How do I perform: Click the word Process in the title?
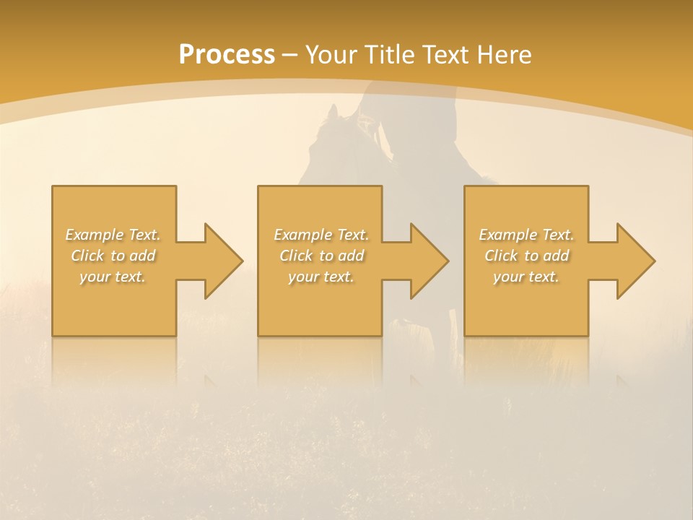coord(227,55)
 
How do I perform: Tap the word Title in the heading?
coord(388,55)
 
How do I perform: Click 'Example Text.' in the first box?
coord(113,235)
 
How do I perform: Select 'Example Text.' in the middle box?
coord(321,235)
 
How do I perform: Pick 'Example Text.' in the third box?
coord(526,235)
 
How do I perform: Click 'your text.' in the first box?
coord(113,277)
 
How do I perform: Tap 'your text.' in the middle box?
coord(321,277)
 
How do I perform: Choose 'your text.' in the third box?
coord(526,277)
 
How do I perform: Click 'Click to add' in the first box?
coord(113,256)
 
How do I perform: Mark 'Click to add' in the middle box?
coord(321,256)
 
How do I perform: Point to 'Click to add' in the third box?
coord(526,256)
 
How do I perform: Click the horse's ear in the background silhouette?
coord(333,112)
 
